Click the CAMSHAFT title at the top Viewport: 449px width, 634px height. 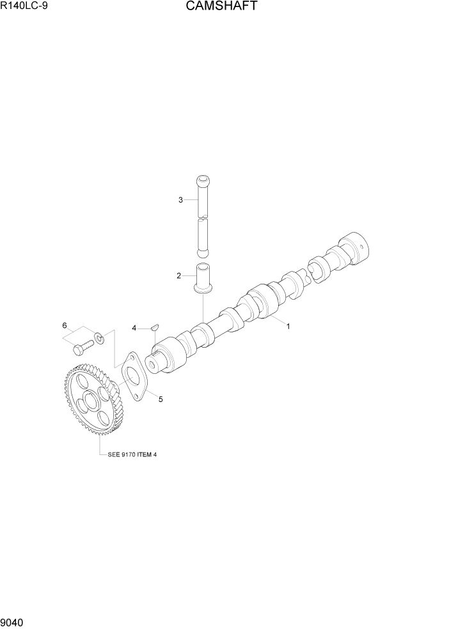[222, 7]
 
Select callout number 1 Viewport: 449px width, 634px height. [288, 326]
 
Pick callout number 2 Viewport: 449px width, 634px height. [179, 276]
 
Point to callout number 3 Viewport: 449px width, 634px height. [180, 200]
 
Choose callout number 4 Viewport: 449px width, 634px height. [134, 328]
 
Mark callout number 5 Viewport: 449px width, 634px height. [161, 399]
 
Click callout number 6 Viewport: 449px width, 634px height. [65, 326]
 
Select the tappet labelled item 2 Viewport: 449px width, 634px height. [203, 278]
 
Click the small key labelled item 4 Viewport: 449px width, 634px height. [154, 329]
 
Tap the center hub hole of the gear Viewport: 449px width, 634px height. [88, 403]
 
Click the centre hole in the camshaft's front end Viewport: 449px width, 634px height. [155, 364]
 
